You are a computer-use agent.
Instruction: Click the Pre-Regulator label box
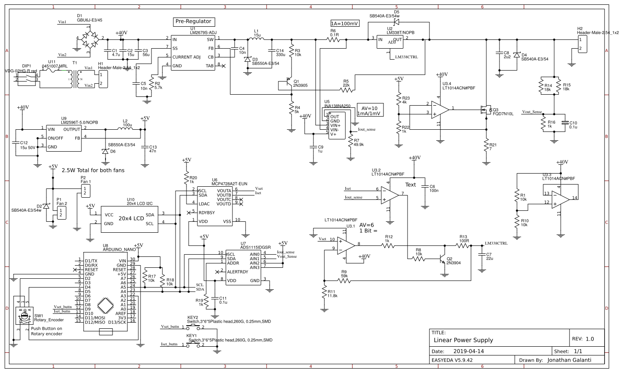(193, 21)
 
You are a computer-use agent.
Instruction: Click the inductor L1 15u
(257, 39)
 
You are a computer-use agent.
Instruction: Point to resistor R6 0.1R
(334, 39)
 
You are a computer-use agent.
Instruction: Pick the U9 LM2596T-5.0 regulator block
(63, 138)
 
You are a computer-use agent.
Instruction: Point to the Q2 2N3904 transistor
(443, 259)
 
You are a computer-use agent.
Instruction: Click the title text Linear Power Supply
(463, 340)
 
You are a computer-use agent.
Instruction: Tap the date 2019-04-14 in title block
(469, 352)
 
